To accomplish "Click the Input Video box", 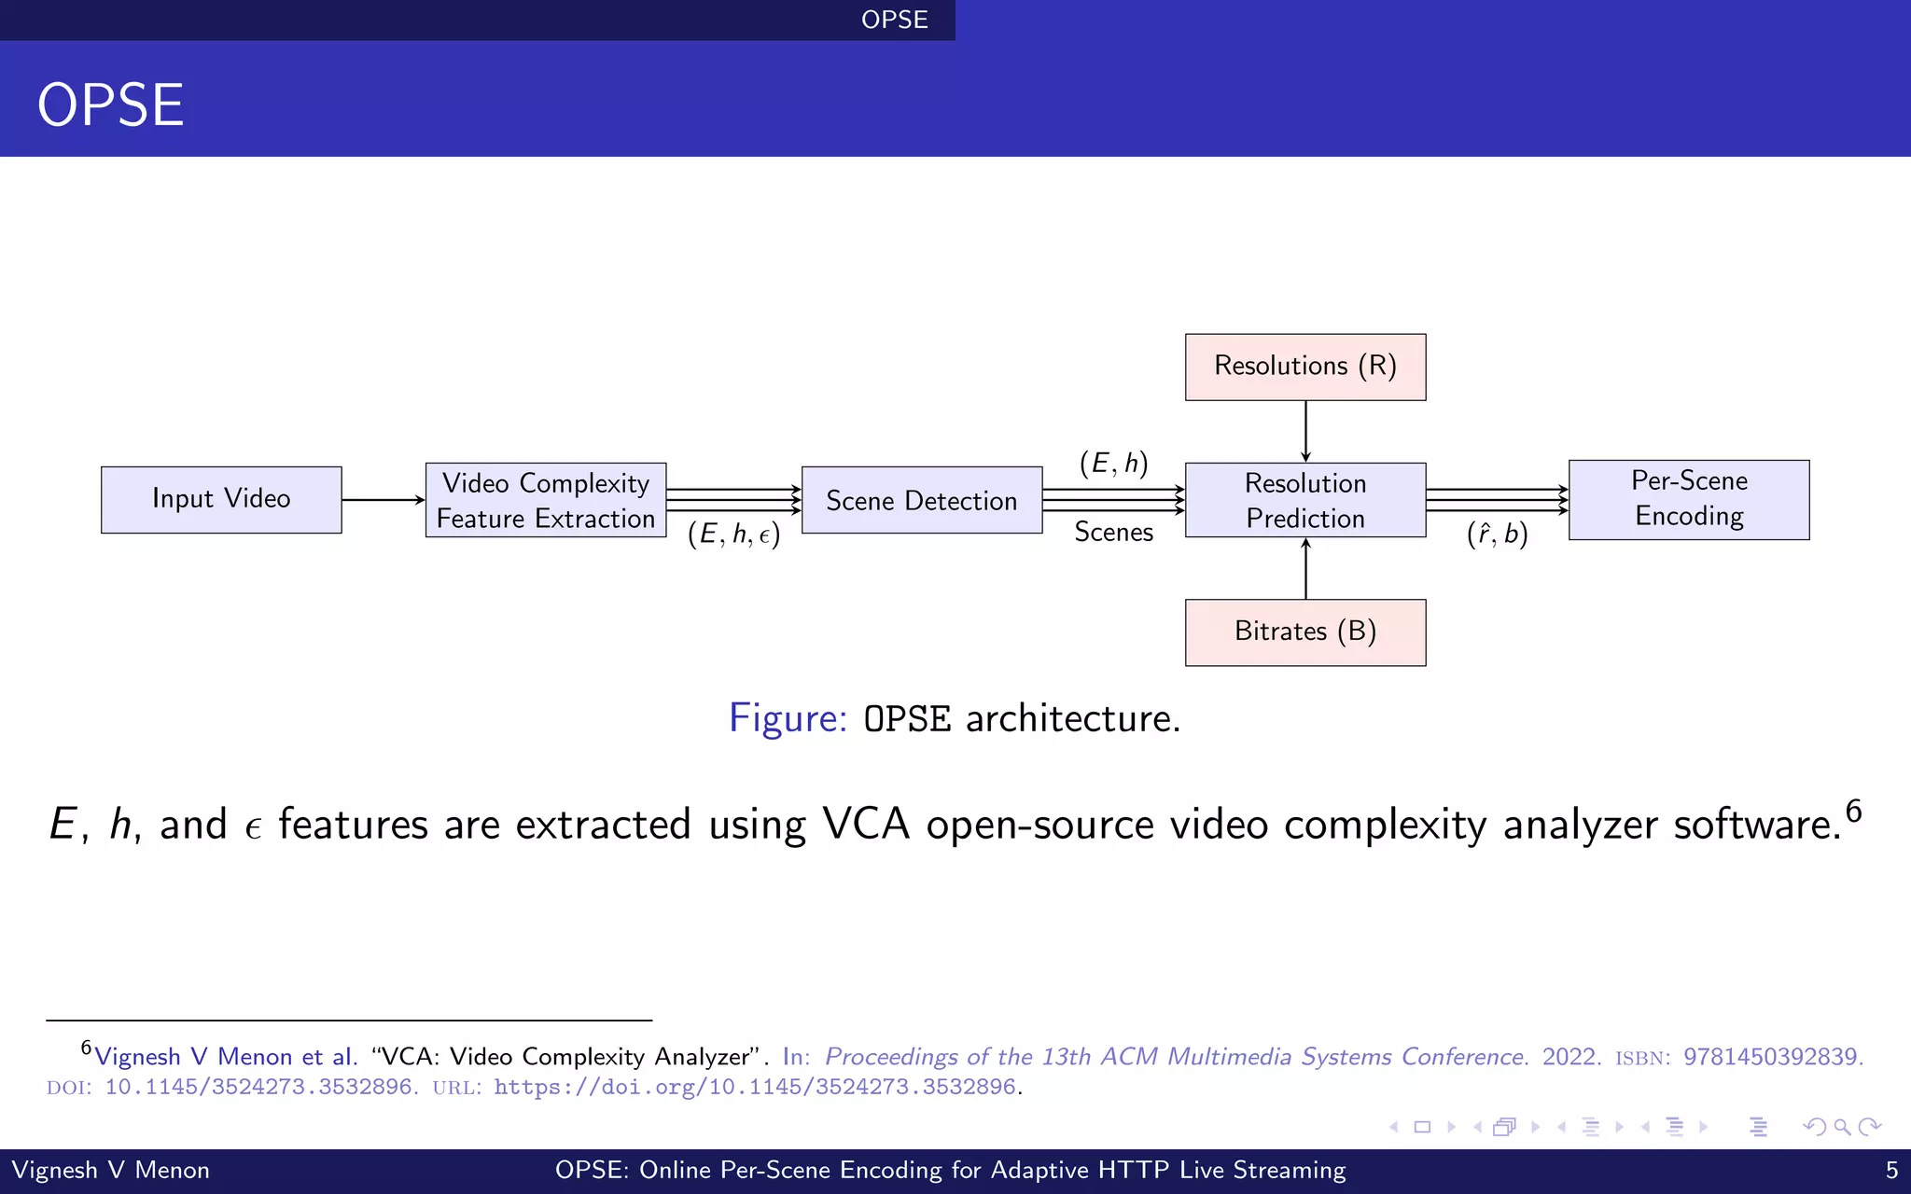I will click(221, 499).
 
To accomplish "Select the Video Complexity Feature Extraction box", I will click(546, 500).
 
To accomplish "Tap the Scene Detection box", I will click(921, 500).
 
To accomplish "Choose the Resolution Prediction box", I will click(1304, 500).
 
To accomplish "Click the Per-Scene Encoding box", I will click(1689, 499).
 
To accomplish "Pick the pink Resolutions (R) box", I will click(1304, 367).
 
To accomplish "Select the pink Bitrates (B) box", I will click(1304, 632).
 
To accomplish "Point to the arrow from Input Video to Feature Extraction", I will click(383, 500).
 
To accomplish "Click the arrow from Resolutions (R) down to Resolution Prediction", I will click(1305, 431).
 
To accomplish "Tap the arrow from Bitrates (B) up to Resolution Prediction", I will click(1305, 568).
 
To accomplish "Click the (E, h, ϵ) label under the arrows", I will click(733, 535).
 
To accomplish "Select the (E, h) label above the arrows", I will click(1113, 464).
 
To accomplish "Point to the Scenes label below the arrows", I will click(1113, 533).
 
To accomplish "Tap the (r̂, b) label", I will click(1497, 535).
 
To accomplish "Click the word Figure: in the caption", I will click(787, 718).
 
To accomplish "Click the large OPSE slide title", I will click(110, 104).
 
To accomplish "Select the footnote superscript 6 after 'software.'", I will click(1853, 811).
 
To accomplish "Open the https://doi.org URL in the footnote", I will click(754, 1088).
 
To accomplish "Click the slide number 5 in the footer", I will click(1891, 1170).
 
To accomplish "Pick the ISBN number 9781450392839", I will click(1770, 1057).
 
